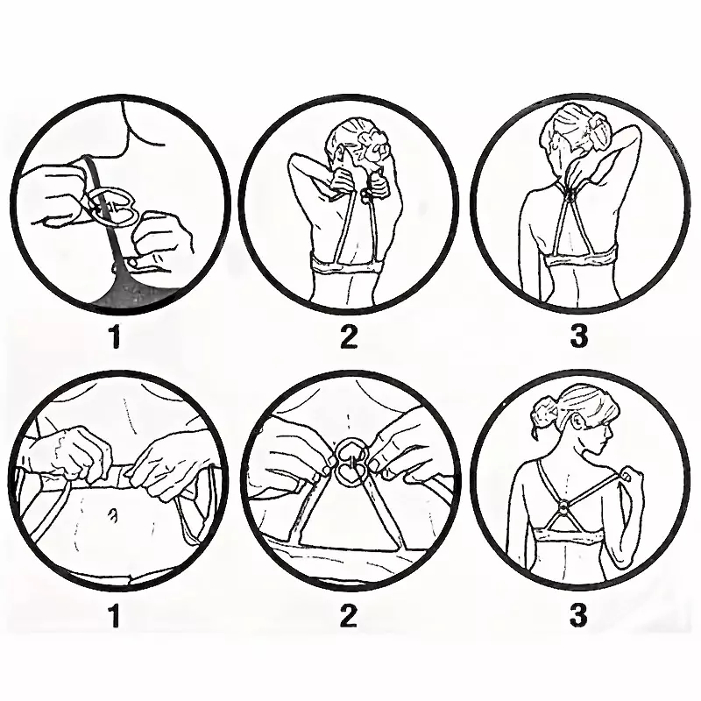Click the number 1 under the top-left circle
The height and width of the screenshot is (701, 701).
point(116,336)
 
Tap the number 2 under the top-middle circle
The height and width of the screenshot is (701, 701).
point(349,336)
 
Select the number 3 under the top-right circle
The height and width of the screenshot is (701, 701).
point(578,336)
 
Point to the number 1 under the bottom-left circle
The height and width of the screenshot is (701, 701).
point(116,616)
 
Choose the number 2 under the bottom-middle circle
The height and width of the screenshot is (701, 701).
point(348,615)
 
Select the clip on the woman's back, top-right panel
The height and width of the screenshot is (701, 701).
point(571,195)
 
